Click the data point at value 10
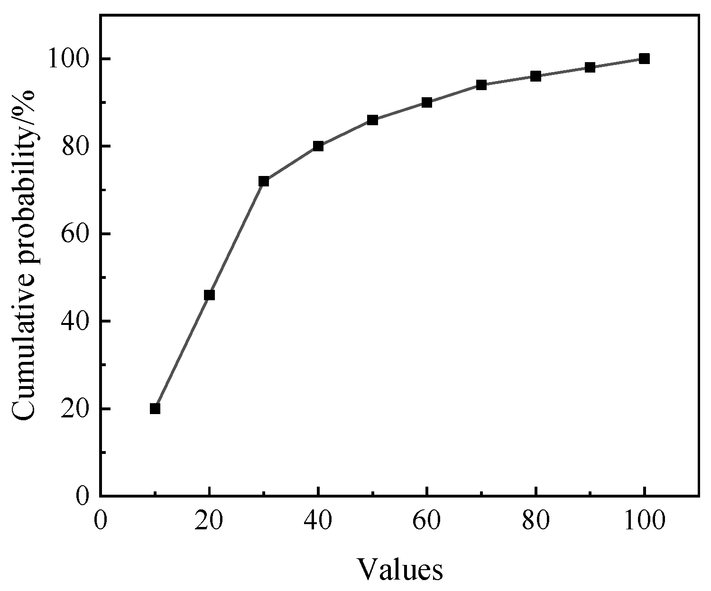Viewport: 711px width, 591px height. click(x=155, y=408)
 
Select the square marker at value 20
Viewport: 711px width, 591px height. click(x=209, y=295)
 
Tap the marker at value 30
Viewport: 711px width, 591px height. click(x=264, y=181)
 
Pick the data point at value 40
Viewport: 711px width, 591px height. click(x=318, y=146)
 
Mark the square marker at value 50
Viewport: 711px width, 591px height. click(x=373, y=120)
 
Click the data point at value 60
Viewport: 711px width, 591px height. click(x=427, y=102)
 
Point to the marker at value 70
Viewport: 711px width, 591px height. click(x=481, y=85)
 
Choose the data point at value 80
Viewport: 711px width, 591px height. click(x=536, y=76)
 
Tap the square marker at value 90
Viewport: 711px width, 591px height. click(x=590, y=67)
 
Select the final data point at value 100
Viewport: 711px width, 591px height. click(x=644, y=59)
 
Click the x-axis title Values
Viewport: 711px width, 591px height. click(x=400, y=569)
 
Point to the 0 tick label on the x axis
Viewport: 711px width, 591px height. click(x=101, y=521)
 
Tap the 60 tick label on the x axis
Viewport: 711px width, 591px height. click(x=427, y=521)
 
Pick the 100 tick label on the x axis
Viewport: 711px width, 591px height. click(x=644, y=521)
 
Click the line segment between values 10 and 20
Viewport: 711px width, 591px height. click(x=182, y=351)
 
